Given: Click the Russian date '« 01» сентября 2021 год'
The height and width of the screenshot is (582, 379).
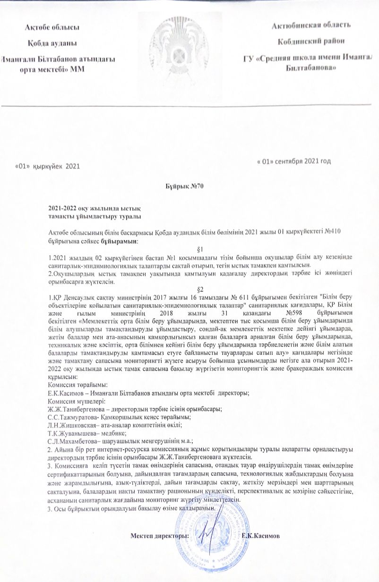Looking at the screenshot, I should click(293, 160).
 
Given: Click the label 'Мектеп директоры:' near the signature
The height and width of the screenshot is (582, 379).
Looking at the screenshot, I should click(159, 536).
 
